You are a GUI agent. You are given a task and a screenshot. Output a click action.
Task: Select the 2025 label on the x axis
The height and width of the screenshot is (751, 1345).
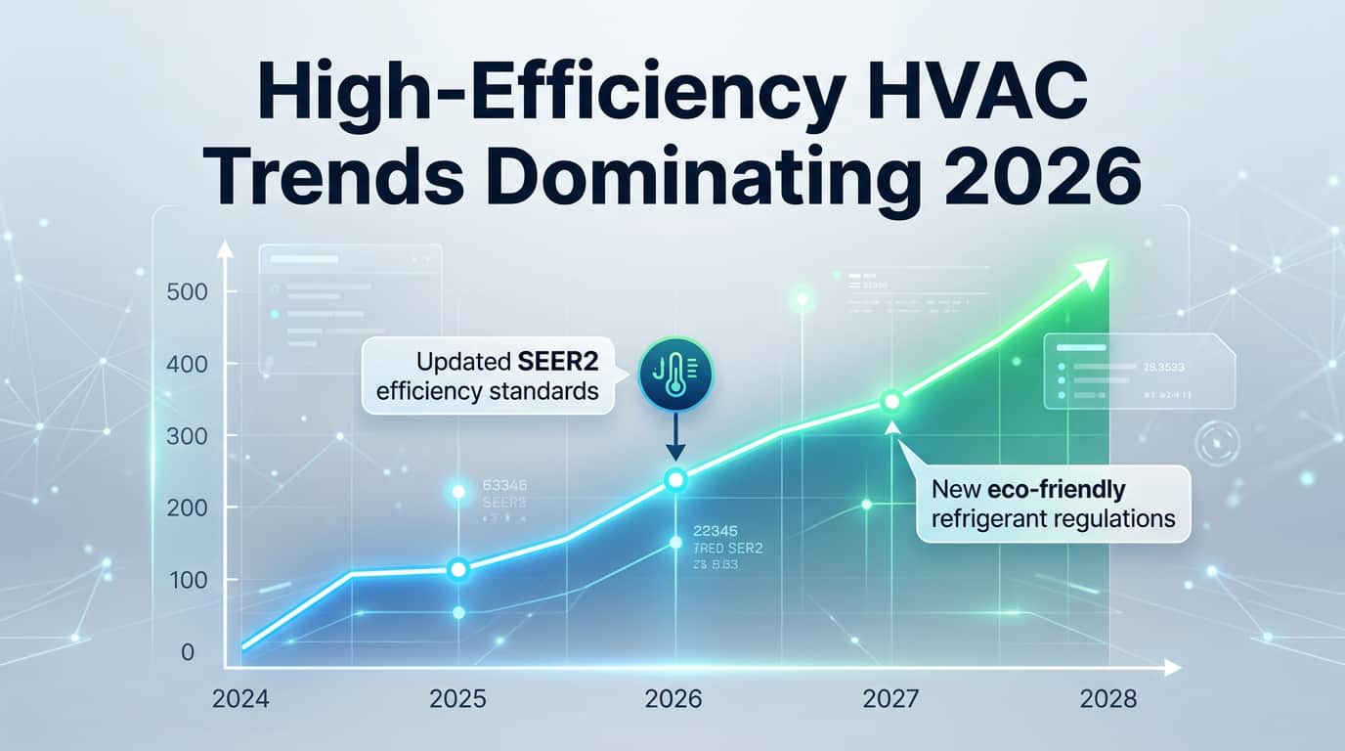point(457,699)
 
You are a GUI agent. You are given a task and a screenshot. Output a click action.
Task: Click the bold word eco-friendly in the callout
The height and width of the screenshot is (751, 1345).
point(1068,488)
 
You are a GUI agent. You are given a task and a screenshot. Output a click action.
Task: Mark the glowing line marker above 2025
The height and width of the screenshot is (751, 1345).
point(457,569)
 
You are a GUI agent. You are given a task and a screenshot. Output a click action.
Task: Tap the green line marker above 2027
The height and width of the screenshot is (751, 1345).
point(890,401)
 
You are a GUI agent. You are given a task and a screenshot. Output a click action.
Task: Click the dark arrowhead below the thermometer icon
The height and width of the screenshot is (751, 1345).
point(675,453)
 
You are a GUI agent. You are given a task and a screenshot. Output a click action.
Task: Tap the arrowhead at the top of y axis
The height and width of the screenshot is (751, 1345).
point(224,249)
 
